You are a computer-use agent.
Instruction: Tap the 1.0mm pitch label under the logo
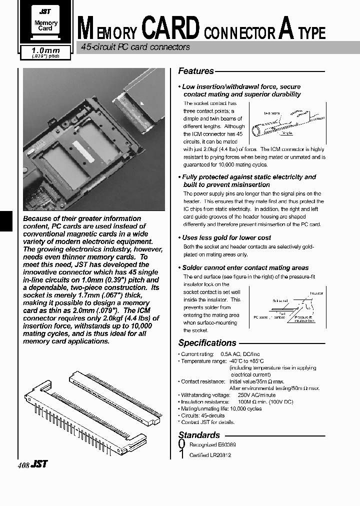[45, 51]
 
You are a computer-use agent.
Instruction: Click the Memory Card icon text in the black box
[45, 25]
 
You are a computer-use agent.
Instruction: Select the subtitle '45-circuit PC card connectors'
[135, 47]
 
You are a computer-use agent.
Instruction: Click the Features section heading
[196, 71]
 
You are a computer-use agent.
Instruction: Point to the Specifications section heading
[207, 343]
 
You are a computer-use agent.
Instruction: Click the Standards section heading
[199, 435]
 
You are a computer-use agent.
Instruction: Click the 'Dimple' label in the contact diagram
[286, 133]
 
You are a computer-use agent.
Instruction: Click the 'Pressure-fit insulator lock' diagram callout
[305, 318]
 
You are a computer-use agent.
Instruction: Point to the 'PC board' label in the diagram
[260, 317]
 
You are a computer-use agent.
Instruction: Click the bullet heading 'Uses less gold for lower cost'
[226, 237]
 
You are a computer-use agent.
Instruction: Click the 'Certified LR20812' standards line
[210, 455]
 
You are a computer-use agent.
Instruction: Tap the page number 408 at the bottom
[23, 465]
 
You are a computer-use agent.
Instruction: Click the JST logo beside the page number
[39, 464]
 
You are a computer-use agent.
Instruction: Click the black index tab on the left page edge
[5, 220]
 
